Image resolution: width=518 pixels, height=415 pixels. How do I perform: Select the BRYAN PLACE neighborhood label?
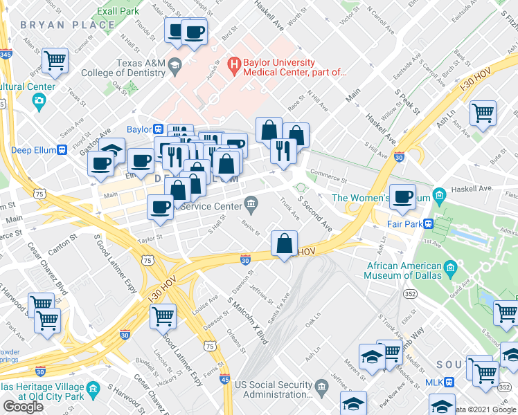coord(67,25)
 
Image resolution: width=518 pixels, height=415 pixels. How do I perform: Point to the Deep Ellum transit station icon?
coord(63,149)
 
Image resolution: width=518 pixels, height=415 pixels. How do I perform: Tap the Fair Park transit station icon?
coord(429,223)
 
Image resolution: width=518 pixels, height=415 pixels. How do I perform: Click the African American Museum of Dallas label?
coord(405,271)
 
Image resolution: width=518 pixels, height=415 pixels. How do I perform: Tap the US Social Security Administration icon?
coord(321,385)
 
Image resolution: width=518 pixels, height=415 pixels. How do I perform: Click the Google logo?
coord(23,407)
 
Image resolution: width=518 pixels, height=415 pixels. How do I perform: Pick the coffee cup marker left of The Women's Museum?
coord(402,196)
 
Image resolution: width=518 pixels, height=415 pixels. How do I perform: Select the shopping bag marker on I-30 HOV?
coord(284,243)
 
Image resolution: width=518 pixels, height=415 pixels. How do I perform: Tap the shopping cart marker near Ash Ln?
coord(483,113)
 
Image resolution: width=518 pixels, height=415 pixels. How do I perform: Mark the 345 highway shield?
coord(6,54)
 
